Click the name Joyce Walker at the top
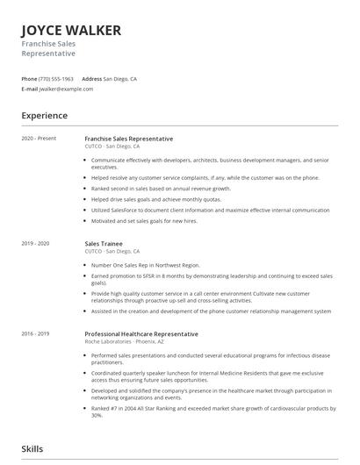point(71,31)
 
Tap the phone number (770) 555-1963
point(57,78)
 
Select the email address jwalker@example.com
point(67,89)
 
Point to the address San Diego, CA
point(119,78)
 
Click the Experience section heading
point(45,115)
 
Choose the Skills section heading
point(32,448)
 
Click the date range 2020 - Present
point(39,139)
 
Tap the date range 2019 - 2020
point(36,242)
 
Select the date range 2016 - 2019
point(36,333)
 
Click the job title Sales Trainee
point(103,242)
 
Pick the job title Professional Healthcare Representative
point(141,333)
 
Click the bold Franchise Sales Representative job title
point(128,139)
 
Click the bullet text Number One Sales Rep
point(145,264)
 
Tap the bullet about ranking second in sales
point(161,188)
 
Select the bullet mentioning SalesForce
point(211,211)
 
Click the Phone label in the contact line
point(29,78)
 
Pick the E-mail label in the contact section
point(30,89)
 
